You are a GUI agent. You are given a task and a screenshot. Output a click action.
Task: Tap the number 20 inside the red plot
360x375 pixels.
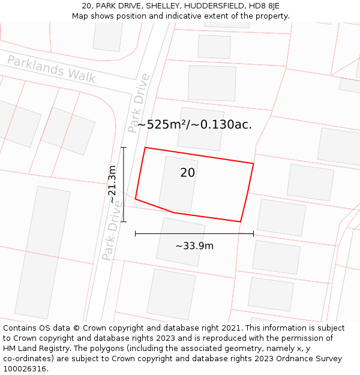(x=187, y=173)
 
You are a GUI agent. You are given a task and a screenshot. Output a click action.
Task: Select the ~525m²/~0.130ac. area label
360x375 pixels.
(x=194, y=125)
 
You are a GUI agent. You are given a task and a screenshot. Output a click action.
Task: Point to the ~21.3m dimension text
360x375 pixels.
(x=112, y=184)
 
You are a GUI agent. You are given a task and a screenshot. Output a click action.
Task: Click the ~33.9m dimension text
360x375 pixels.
(x=194, y=246)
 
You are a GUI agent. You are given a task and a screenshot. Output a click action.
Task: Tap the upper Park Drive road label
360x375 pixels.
(x=139, y=103)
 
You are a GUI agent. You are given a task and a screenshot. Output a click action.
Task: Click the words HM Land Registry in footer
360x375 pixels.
(x=37, y=349)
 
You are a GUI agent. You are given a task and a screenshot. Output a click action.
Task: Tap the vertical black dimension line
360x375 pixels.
(x=124, y=184)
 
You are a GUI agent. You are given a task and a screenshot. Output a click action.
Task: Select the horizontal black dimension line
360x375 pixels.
(x=194, y=233)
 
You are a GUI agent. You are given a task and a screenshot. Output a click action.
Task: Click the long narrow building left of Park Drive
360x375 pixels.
(x=43, y=252)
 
